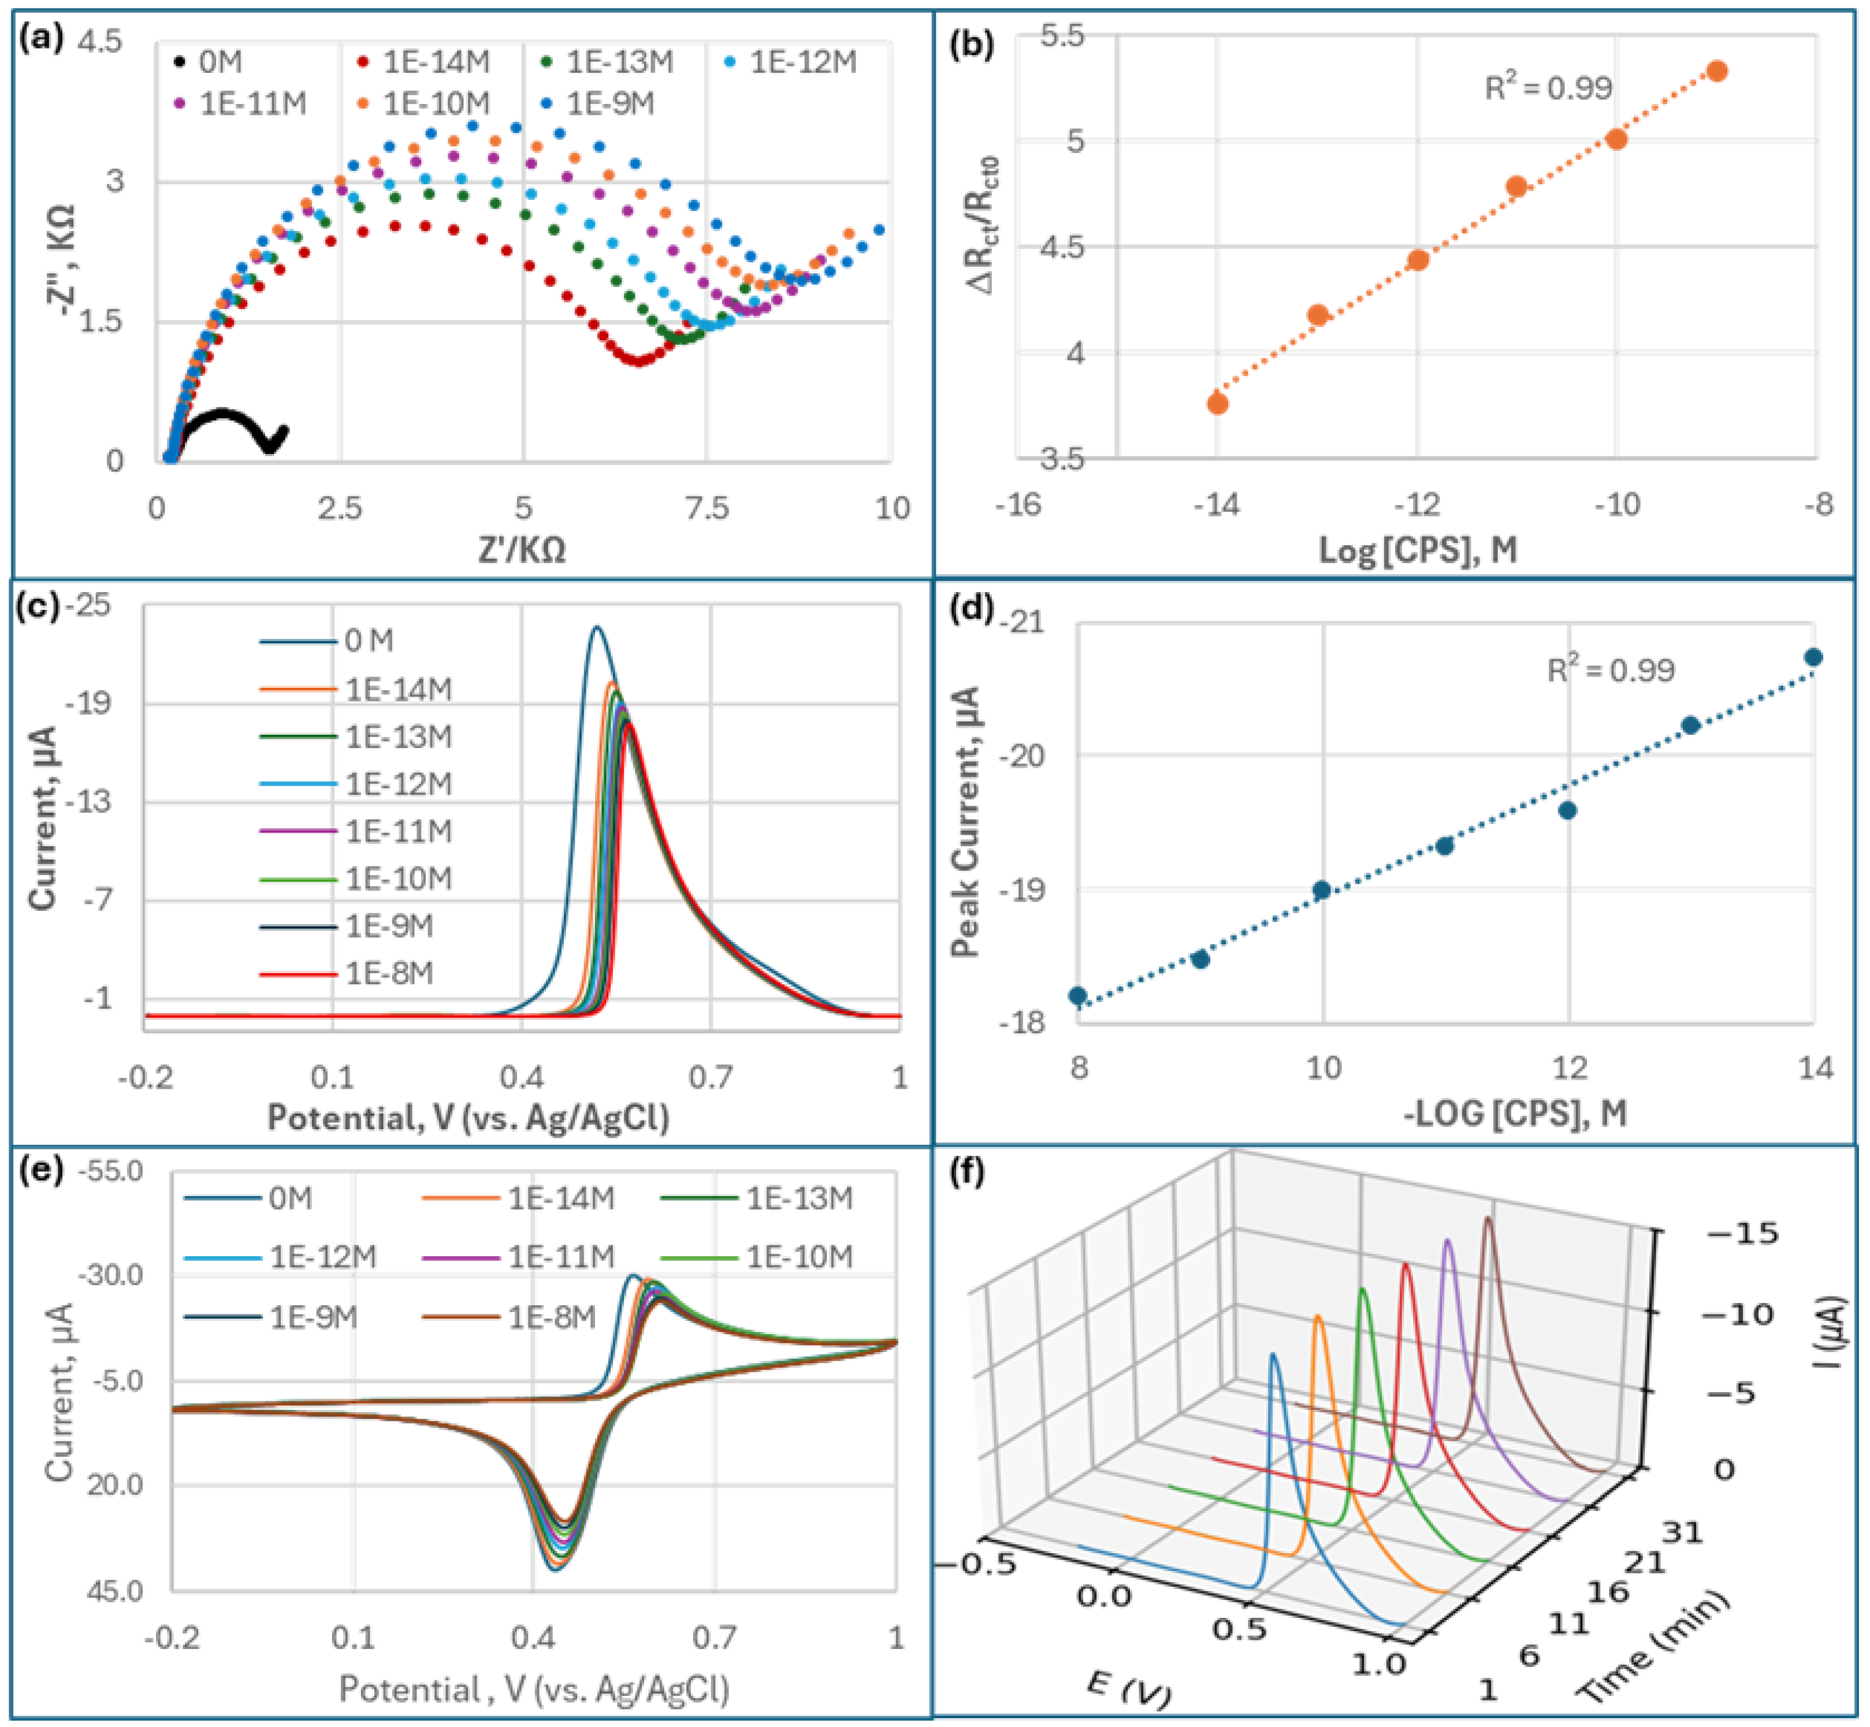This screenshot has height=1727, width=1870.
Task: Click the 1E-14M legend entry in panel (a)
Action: point(425,62)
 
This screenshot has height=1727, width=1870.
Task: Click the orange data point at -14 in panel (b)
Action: point(1217,404)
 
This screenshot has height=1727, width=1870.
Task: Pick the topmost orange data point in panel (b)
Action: point(1717,71)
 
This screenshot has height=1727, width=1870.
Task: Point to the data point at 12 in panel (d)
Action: point(1567,810)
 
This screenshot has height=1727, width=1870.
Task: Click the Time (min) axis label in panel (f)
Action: point(1654,1647)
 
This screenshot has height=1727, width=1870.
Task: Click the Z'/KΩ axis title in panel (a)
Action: point(522,550)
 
